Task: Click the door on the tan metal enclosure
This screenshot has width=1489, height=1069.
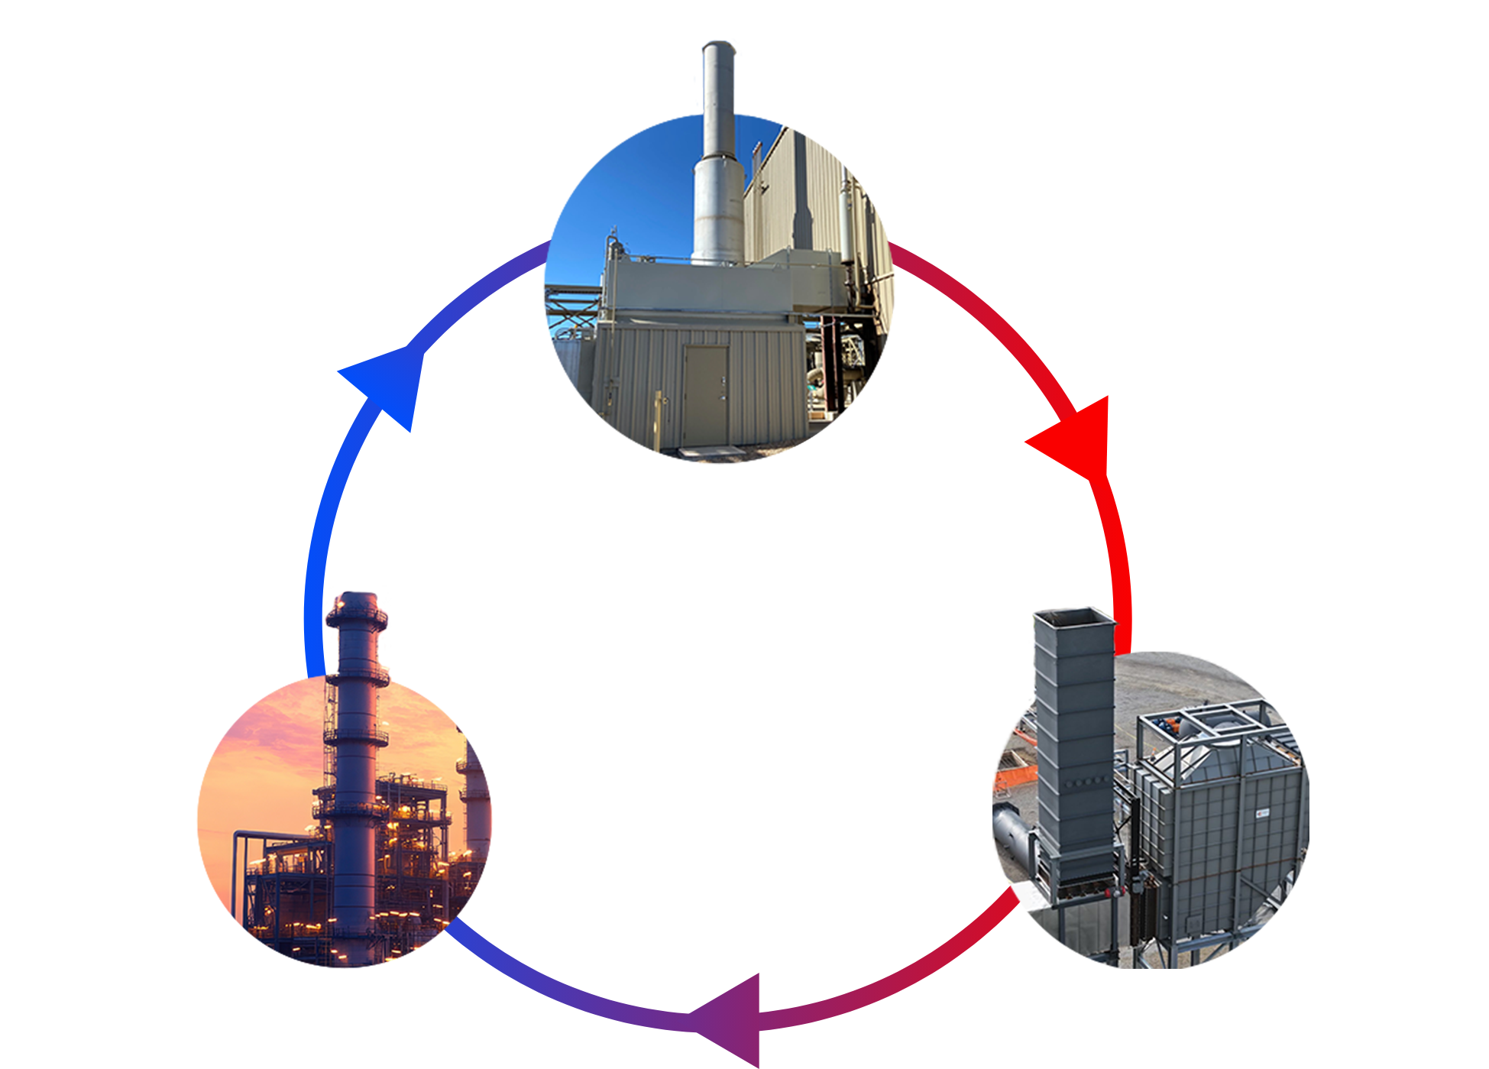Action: click(x=706, y=395)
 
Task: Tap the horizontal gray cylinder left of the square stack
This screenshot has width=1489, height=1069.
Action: click(x=1012, y=833)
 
